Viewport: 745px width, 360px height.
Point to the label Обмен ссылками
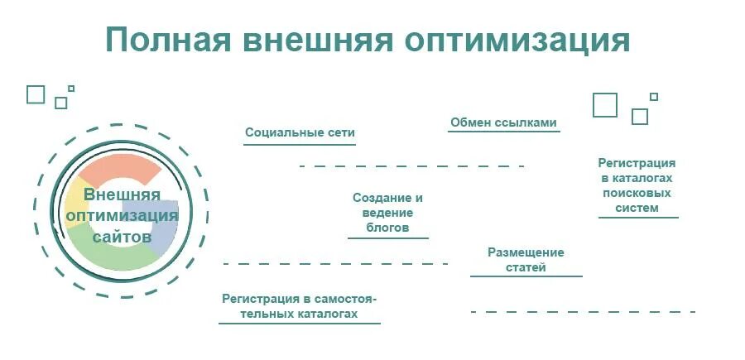[503, 123]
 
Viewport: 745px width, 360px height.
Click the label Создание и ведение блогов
[387, 213]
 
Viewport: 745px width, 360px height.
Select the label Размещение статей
[526, 260]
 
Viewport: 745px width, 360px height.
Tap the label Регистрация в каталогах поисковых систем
[637, 185]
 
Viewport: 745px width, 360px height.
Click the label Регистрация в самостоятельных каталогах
[299, 306]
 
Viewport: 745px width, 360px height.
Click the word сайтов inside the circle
[123, 237]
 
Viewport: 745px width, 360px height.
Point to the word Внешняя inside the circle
[122, 195]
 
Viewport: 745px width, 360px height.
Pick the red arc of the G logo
[120, 169]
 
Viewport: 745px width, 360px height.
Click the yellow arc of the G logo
[74, 204]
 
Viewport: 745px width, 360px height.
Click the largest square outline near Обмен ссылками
[605, 105]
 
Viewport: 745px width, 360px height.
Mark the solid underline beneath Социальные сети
[300, 145]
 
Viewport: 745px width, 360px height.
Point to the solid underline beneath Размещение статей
[526, 276]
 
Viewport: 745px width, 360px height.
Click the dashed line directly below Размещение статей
[583, 312]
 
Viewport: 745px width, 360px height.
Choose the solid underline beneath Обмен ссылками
[503, 133]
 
